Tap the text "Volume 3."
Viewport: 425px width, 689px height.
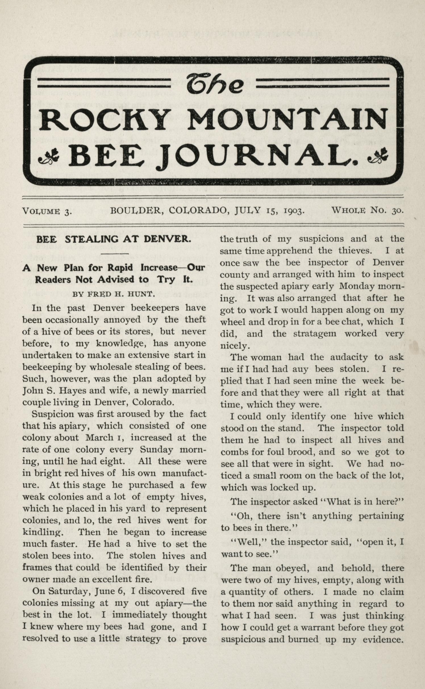pyautogui.click(x=47, y=211)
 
